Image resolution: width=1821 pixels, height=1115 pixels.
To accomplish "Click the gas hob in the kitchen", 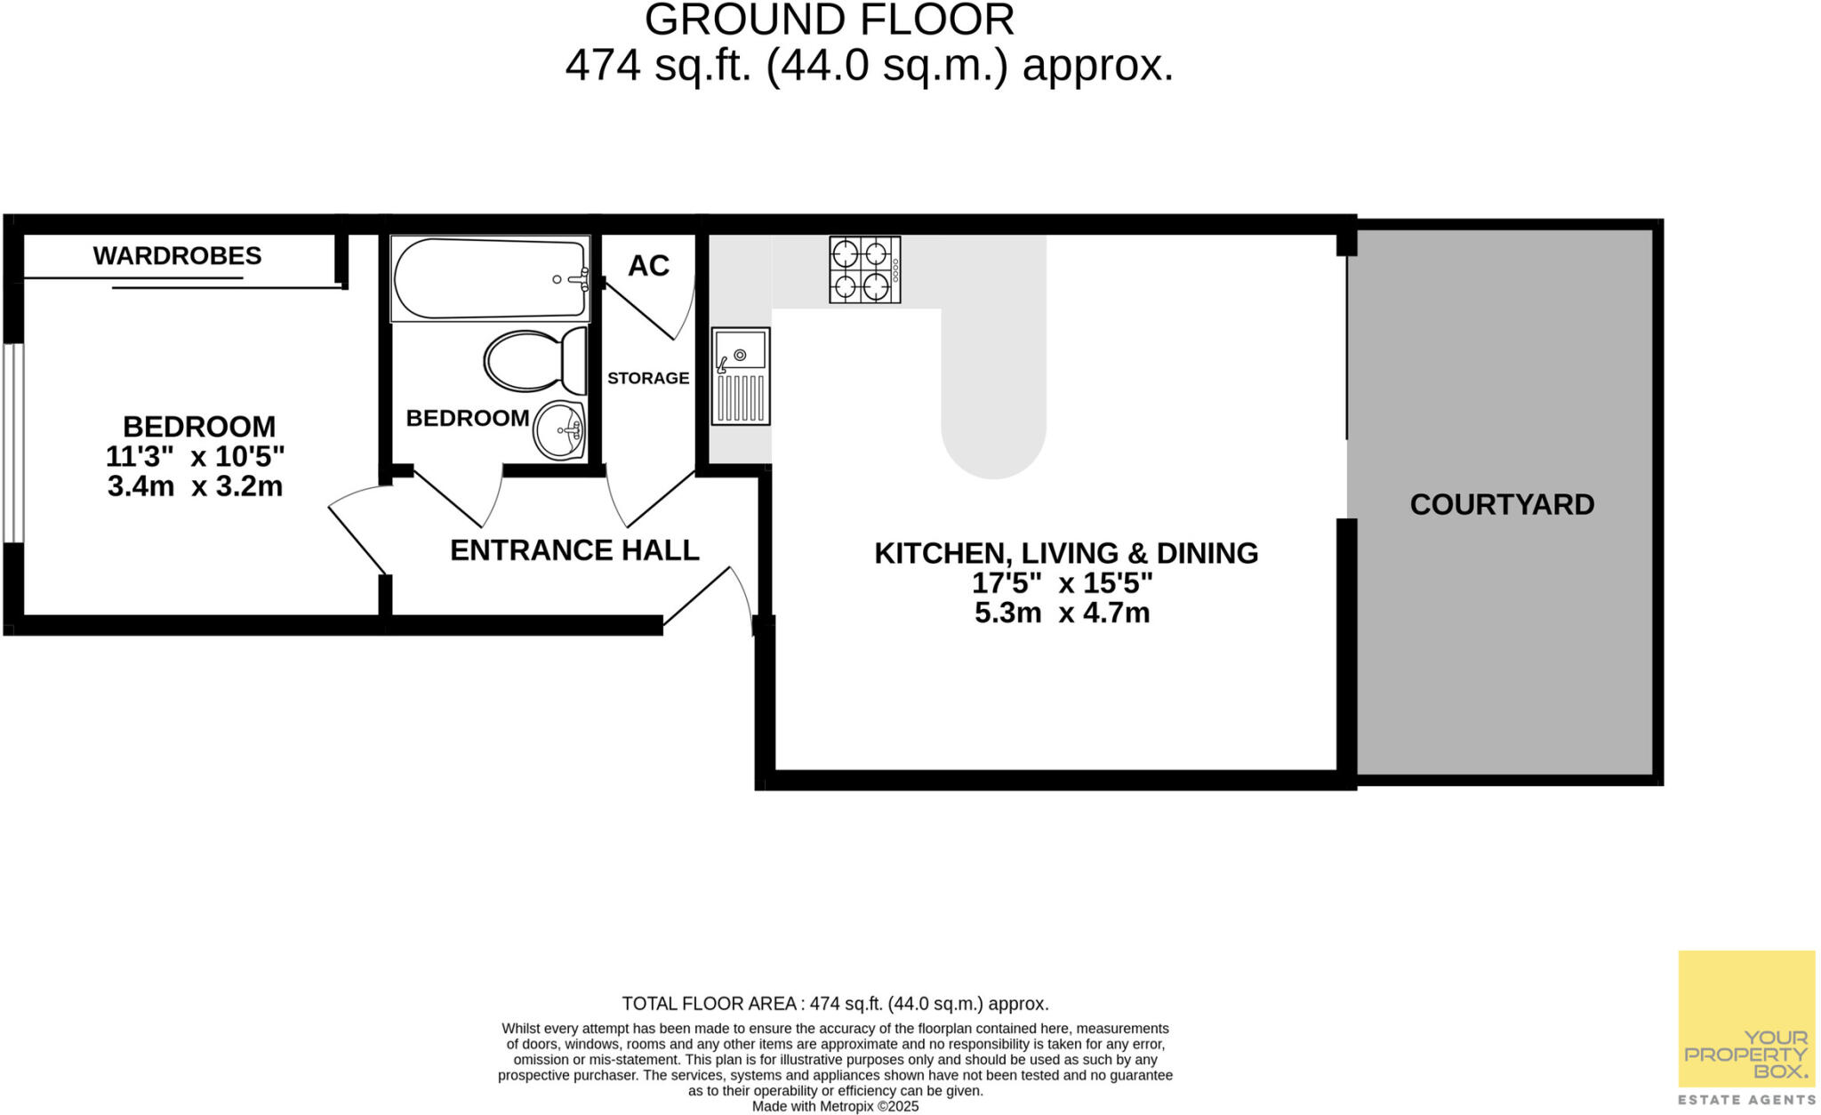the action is click(864, 269).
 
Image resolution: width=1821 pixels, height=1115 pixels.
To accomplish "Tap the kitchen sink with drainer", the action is click(741, 376).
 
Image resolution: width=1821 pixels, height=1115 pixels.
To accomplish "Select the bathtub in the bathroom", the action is click(490, 278).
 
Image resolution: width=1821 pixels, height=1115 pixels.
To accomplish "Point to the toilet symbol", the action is click(535, 360).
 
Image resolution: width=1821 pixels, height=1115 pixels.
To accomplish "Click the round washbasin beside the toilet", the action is click(559, 430).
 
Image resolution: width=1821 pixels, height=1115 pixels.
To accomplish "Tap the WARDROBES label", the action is click(177, 256).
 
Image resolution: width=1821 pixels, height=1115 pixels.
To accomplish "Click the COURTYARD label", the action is click(1502, 504).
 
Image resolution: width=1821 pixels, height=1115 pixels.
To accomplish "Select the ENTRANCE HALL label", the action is click(574, 550).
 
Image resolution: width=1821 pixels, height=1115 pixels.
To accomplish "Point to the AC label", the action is click(648, 265).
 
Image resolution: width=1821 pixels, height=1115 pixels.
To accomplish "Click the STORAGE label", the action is click(648, 378).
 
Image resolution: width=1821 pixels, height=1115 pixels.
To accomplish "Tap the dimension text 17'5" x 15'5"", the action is click(1062, 583).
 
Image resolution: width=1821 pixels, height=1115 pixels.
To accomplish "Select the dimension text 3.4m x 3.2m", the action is click(195, 486).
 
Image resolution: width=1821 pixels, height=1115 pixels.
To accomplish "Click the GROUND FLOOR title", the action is click(829, 20).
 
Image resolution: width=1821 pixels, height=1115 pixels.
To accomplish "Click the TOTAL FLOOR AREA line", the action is click(835, 1004).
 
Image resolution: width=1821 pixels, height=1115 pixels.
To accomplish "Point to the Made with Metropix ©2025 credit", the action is click(835, 1107).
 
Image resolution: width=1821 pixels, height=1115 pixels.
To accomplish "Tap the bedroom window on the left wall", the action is click(13, 442).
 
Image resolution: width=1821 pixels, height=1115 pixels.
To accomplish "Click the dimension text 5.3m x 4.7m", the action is click(1062, 613).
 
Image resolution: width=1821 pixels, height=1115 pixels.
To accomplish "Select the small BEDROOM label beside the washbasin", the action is click(468, 418).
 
